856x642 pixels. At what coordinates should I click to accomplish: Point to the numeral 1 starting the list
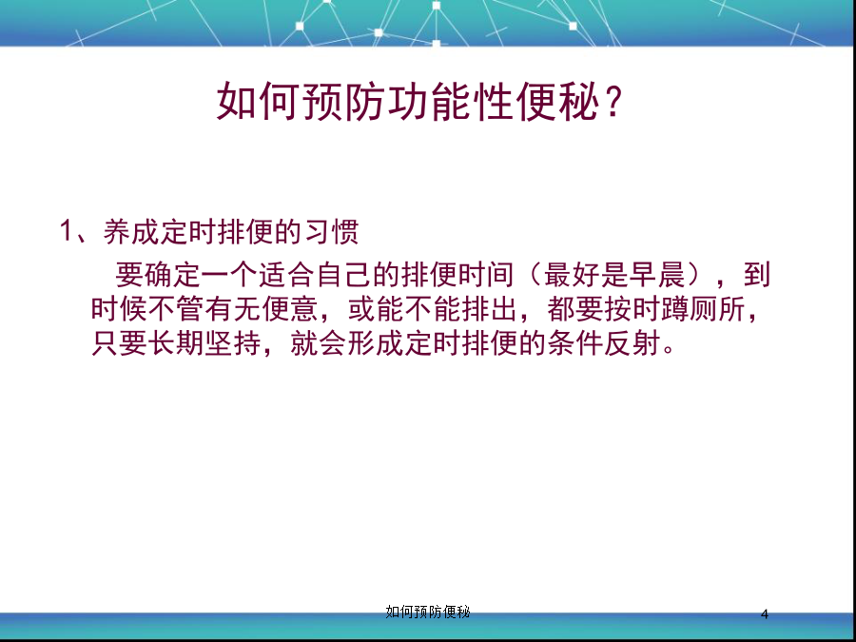click(66, 231)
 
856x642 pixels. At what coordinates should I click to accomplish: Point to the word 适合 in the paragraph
click(286, 274)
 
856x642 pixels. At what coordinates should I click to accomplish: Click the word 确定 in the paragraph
click(172, 274)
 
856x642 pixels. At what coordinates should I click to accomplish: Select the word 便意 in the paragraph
click(290, 309)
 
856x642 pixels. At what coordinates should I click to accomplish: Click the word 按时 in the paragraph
click(632, 309)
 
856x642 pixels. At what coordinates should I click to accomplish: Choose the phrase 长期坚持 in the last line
click(204, 344)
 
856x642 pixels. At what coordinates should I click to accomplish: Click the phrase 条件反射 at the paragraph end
click(604, 344)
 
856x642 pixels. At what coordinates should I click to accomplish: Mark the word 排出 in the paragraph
click(490, 309)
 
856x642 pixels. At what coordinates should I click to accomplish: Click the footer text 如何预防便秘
click(427, 612)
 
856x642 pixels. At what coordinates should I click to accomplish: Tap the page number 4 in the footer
click(765, 614)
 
